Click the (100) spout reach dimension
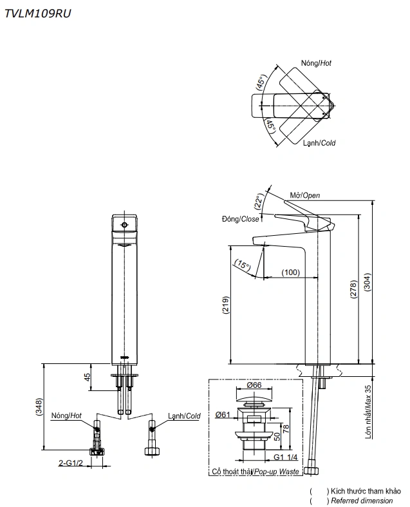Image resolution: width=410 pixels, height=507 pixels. [x=290, y=273]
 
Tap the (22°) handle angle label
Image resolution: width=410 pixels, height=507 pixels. [x=259, y=201]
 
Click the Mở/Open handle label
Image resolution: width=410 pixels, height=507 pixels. [x=304, y=195]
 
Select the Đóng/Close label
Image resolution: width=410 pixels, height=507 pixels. [x=240, y=219]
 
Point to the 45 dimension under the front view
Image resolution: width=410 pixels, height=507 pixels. [x=88, y=378]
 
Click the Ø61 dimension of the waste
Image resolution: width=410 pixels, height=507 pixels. [x=224, y=414]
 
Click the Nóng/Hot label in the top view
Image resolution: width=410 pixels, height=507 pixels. [x=316, y=63]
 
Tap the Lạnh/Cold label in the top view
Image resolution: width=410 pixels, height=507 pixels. [x=319, y=143]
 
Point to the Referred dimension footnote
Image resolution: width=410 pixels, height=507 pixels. [x=360, y=501]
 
